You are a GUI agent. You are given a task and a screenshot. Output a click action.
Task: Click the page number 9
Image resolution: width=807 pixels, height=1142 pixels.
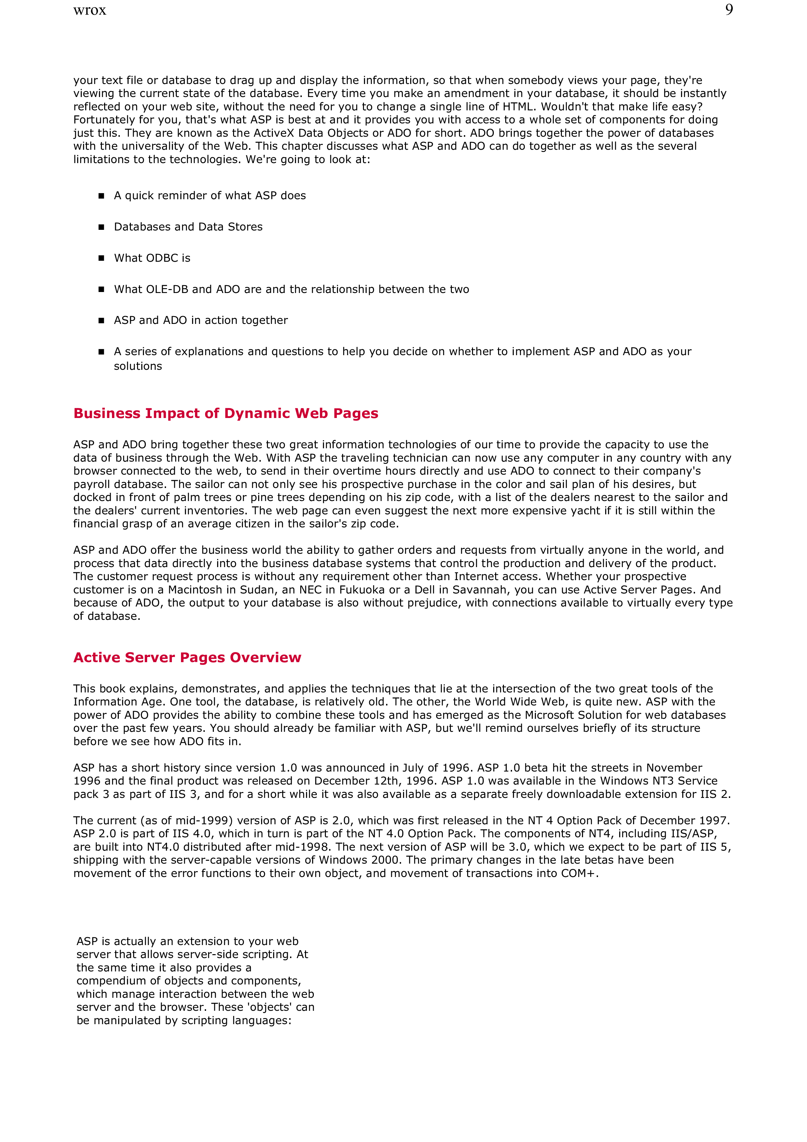click(729, 10)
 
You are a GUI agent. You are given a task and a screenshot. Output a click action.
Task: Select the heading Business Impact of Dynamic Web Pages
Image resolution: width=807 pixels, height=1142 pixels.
click(226, 413)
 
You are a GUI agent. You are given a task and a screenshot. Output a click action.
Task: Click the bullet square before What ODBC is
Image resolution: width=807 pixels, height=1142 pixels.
click(102, 258)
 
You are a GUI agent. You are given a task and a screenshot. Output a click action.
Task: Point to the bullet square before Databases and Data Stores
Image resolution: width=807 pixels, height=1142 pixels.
click(102, 227)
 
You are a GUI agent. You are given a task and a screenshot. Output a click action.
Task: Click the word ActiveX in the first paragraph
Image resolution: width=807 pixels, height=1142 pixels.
click(274, 133)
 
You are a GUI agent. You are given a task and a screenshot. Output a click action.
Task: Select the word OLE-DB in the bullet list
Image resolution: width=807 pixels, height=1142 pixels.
click(168, 289)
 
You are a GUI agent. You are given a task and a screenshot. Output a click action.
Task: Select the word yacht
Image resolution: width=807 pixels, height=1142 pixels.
click(584, 511)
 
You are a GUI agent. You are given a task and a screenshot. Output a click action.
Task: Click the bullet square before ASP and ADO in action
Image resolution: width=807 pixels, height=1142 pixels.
click(102, 321)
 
